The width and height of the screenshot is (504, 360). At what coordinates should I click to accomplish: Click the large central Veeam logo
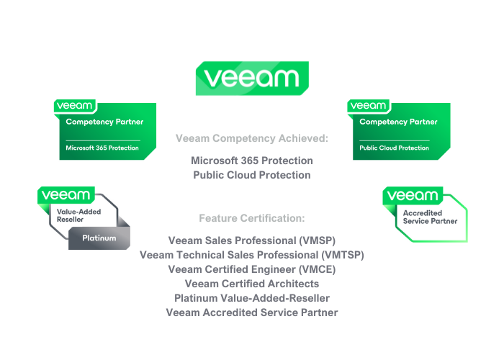[252, 78]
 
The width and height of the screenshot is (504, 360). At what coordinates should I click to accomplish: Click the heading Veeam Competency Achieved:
[251, 138]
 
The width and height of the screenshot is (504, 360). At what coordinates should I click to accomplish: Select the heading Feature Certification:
[251, 218]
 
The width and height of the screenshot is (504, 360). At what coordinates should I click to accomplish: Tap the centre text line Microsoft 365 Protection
[251, 160]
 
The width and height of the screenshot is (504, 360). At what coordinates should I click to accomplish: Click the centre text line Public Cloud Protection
[251, 175]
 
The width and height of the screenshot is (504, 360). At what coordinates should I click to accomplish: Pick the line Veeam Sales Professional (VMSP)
[251, 240]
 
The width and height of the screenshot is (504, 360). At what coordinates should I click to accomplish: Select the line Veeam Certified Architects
[251, 284]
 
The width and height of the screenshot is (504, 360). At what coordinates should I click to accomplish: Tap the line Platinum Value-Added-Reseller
[251, 298]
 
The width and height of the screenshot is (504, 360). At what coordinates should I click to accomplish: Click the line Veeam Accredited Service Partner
[251, 312]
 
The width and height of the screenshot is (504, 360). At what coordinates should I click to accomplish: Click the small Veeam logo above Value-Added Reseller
[66, 195]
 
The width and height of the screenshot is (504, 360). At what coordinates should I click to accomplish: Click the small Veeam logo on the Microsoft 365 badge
[75, 106]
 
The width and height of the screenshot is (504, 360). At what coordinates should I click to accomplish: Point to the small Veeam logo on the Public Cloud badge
[369, 106]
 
